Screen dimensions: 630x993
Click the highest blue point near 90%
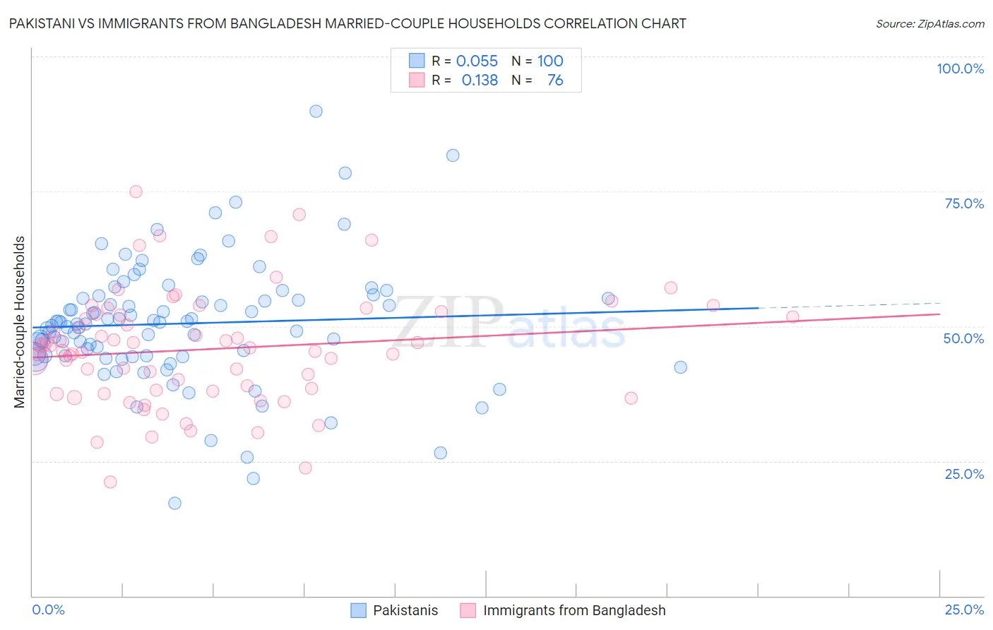click(x=316, y=111)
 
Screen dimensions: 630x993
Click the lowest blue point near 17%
click(x=174, y=503)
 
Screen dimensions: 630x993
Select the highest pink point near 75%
click(x=136, y=191)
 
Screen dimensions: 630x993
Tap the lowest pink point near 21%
click(x=110, y=482)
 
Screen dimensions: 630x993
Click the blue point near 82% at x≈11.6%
click(x=453, y=155)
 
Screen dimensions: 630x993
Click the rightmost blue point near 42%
click(x=680, y=367)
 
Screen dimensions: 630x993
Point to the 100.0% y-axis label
click(x=960, y=69)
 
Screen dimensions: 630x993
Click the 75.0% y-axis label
click(x=964, y=203)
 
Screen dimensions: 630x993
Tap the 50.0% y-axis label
click(x=963, y=338)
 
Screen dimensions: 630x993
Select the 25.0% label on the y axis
click(x=964, y=474)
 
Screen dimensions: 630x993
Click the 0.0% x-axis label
click(x=48, y=610)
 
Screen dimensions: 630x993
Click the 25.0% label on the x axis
click(x=963, y=610)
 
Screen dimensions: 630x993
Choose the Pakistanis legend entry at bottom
click(x=405, y=610)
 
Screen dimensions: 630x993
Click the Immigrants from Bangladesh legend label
click(x=573, y=610)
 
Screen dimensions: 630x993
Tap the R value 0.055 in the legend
click(x=477, y=61)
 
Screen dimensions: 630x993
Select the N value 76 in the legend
click(x=555, y=81)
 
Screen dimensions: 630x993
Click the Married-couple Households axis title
click(x=20, y=321)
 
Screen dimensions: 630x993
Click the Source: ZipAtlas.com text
click(x=929, y=24)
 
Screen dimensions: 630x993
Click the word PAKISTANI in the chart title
click(x=42, y=23)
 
